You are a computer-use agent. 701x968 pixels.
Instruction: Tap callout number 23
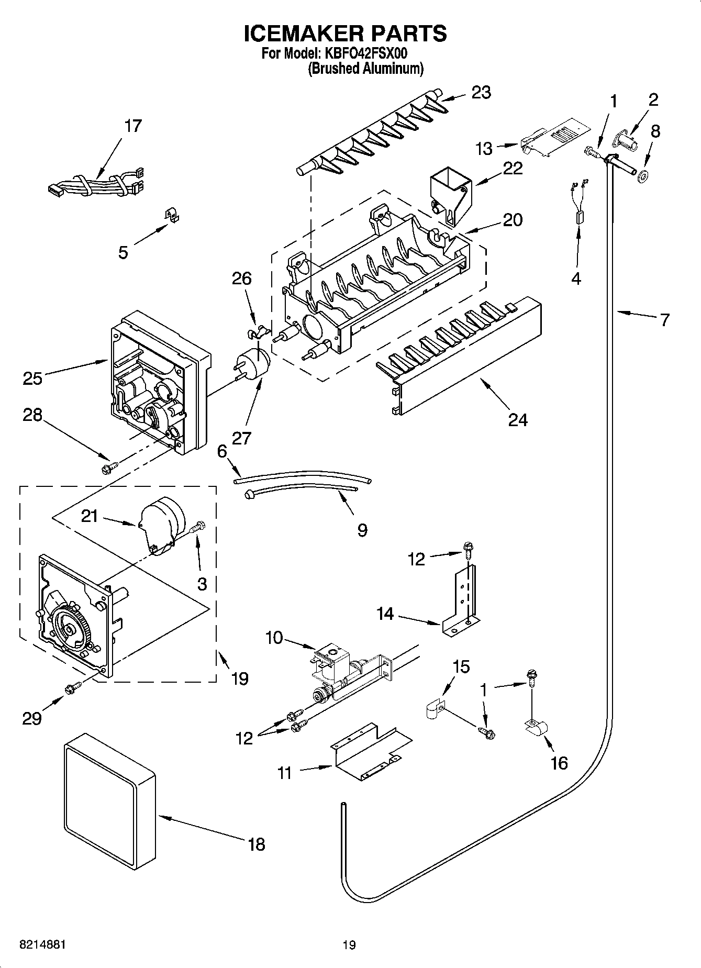481,92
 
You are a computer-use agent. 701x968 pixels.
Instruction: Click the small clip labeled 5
169,214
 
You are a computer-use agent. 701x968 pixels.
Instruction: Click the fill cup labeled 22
449,196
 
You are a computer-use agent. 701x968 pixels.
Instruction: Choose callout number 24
517,419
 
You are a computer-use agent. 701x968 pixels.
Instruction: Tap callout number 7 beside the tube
664,319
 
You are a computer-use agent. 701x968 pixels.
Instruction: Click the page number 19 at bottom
349,945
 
